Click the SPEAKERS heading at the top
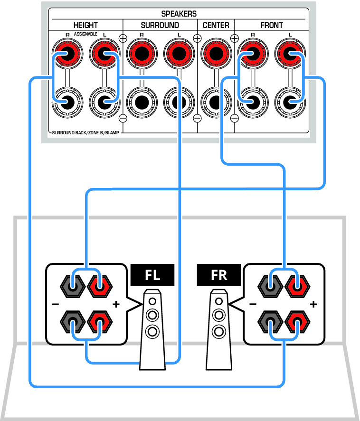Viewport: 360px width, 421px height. [179, 14]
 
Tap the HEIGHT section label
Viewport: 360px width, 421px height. [85, 25]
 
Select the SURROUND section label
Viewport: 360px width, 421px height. [160, 25]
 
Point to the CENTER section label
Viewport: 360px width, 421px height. [216, 25]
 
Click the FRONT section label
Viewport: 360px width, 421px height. [272, 25]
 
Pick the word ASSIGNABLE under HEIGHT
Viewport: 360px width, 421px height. [85, 34]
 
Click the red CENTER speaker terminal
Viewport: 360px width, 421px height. [216, 54]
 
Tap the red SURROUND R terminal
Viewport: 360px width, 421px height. [142, 54]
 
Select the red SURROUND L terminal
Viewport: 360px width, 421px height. [179, 54]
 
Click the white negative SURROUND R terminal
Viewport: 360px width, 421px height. [142, 102]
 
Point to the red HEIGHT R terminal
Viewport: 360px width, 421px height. [67, 54]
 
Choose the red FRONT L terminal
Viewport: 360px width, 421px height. [290, 54]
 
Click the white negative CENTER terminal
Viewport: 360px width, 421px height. [216, 102]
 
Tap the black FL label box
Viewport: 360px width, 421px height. [152, 275]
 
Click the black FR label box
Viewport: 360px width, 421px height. [218, 275]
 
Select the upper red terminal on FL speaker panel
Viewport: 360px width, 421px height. [100, 286]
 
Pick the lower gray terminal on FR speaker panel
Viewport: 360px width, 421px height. [270, 322]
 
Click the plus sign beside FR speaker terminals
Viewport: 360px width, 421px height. [313, 304]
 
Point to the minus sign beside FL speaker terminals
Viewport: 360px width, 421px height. [56, 304]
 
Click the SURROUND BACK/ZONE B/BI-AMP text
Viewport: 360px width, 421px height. [85, 132]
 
